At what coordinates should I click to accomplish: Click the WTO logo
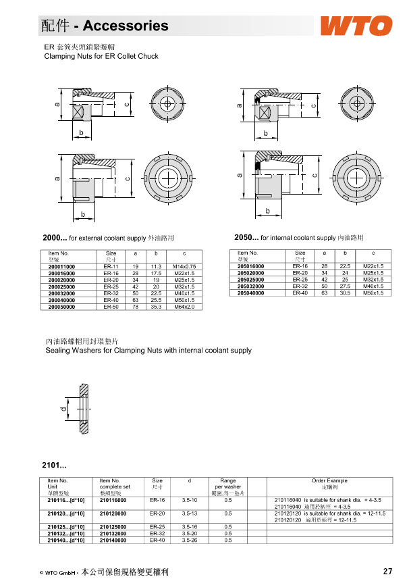[x=356, y=26]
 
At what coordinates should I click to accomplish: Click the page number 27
[x=387, y=571]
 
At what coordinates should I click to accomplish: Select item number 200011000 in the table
[x=62, y=267]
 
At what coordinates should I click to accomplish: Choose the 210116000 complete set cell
[x=115, y=499]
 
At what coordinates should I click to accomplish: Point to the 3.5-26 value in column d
[x=189, y=540]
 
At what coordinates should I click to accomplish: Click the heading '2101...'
[x=54, y=465]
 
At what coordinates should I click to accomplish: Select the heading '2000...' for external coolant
[x=55, y=238]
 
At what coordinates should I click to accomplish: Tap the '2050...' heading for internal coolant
[x=246, y=238]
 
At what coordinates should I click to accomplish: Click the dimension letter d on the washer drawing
[x=59, y=409]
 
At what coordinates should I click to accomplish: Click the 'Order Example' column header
[x=329, y=480]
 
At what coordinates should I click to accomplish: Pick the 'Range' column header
[x=228, y=480]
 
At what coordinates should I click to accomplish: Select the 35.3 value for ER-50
[x=155, y=307]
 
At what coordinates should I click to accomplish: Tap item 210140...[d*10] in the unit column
[x=66, y=540]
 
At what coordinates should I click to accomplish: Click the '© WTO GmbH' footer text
[x=58, y=572]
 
